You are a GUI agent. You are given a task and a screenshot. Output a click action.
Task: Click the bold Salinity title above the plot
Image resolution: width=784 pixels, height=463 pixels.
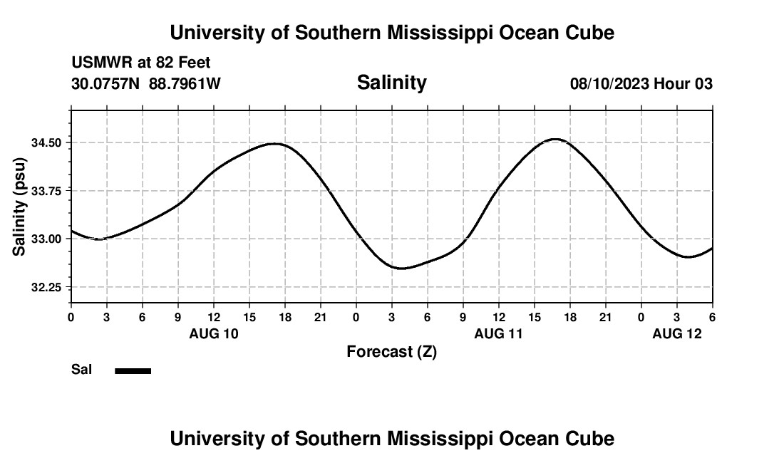[391, 83]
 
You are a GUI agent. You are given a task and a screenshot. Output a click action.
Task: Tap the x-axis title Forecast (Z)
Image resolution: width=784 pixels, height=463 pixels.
[391, 351]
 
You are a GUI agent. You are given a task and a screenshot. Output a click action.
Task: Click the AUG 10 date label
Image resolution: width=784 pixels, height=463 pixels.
[214, 333]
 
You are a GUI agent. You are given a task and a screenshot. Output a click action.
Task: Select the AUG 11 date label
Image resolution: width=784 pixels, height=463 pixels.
[499, 333]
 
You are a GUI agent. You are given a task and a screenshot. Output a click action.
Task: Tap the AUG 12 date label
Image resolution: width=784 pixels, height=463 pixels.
[677, 333]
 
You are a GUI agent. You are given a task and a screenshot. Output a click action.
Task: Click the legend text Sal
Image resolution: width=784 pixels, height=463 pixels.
[82, 370]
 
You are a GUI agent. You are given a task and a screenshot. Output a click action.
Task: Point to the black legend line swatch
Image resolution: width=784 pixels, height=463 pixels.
[133, 370]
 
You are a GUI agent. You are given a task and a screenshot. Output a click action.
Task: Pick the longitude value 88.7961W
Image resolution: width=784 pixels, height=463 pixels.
[185, 84]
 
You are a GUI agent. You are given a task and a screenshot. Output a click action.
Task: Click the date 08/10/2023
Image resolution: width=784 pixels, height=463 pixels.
[609, 84]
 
